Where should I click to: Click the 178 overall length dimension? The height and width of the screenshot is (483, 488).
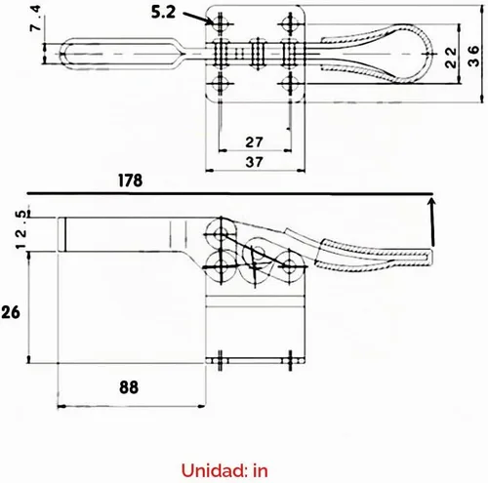tap(130, 181)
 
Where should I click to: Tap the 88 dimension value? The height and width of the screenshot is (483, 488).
tap(129, 387)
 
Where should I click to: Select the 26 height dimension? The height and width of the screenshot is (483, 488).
tap(11, 312)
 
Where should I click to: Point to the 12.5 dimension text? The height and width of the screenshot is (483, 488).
tap(20, 229)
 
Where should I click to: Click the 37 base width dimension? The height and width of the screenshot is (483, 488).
tap(254, 162)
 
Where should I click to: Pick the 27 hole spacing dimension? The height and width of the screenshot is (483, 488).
tap(254, 142)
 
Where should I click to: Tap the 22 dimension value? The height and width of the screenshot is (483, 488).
tap(451, 58)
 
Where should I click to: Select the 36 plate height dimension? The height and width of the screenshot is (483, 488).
tap(473, 56)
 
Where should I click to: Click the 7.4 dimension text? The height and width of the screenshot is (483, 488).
tap(36, 19)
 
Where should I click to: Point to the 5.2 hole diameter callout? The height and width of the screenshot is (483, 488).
tap(163, 13)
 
